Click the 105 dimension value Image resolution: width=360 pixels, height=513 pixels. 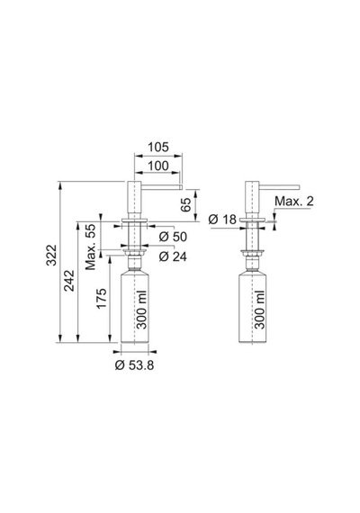158,148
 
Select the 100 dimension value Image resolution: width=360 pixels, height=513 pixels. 158,166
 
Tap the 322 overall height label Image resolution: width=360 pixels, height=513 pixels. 51,256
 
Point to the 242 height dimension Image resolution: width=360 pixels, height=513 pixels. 68,281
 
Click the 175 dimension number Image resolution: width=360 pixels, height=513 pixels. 101,299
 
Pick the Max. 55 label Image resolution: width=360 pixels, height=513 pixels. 91,247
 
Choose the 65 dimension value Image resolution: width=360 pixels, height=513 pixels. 185,205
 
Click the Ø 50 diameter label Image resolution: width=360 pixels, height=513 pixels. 173,237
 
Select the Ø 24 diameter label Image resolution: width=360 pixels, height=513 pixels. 173,256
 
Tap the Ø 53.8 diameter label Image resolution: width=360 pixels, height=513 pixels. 134,365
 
